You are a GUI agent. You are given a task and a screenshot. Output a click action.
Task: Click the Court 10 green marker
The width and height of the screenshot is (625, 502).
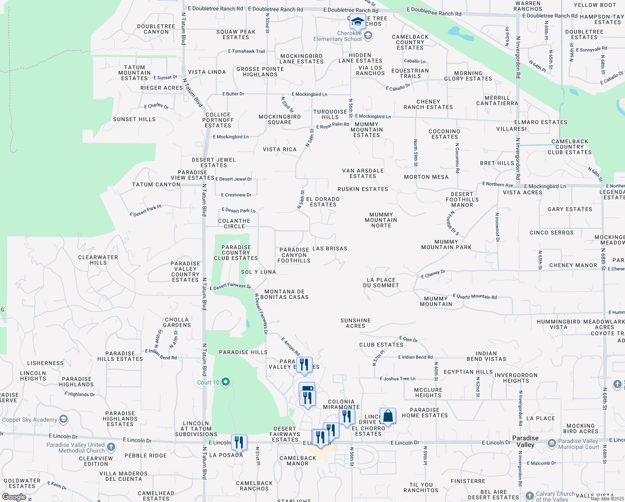click(226, 382)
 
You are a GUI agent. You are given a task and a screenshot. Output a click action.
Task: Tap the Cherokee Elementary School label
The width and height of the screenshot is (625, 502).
click(338, 36)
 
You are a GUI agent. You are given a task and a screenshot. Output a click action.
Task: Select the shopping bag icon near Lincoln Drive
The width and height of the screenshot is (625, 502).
click(388, 416)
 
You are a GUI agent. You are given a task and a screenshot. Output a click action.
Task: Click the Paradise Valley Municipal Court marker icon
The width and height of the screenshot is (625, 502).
click(551, 443)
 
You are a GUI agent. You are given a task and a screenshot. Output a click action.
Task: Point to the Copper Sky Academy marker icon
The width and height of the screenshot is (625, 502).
click(64, 419)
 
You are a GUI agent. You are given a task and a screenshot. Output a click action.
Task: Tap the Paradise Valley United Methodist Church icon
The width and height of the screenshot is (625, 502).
click(111, 447)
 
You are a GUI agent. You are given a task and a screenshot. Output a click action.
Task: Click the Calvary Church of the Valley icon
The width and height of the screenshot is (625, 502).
click(530, 496)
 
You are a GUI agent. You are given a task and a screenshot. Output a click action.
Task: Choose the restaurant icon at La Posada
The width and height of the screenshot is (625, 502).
click(239, 442)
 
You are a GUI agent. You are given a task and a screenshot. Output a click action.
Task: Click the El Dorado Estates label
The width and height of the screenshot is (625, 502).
click(323, 202)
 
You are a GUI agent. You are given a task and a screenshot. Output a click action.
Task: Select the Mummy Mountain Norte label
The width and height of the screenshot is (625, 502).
click(381, 220)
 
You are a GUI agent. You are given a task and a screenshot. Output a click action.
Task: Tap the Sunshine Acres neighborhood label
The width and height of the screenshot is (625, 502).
click(356, 323)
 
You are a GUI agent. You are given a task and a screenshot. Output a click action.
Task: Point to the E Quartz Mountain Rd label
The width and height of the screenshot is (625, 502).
click(475, 297)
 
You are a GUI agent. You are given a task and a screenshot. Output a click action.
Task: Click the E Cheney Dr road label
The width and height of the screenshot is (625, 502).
click(433, 274)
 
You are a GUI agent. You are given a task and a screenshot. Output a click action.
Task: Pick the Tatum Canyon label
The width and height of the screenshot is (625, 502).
click(156, 184)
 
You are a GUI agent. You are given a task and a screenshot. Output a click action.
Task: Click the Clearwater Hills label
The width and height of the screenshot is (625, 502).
click(98, 260)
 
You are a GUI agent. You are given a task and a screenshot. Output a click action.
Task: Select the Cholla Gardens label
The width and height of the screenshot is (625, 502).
click(177, 322)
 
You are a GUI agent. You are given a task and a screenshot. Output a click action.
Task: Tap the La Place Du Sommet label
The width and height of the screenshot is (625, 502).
click(381, 283)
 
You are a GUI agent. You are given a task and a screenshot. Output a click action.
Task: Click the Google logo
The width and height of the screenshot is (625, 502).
click(14, 497)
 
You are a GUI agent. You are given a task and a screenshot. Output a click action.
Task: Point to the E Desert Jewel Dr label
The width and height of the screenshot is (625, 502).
click(234, 179)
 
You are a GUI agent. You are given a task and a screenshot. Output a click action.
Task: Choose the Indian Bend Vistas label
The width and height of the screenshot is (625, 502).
click(486, 356)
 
